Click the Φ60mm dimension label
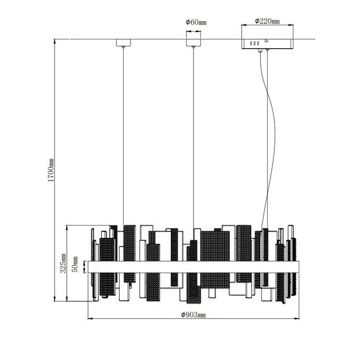pyautogui.click(x=196, y=22)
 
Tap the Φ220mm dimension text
pyautogui.click(x=267, y=21)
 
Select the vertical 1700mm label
pyautogui.click(x=51, y=170)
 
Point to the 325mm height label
pyautogui.click(x=63, y=263)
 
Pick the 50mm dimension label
pyautogui.click(x=75, y=264)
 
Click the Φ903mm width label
pyautogui.click(x=193, y=315)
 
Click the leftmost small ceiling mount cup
pyautogui.click(x=124, y=43)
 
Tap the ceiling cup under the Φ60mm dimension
pyautogui.click(x=193, y=43)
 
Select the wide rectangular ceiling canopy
pyautogui.click(x=267, y=44)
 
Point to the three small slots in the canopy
pyautogui.click(x=254, y=43)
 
